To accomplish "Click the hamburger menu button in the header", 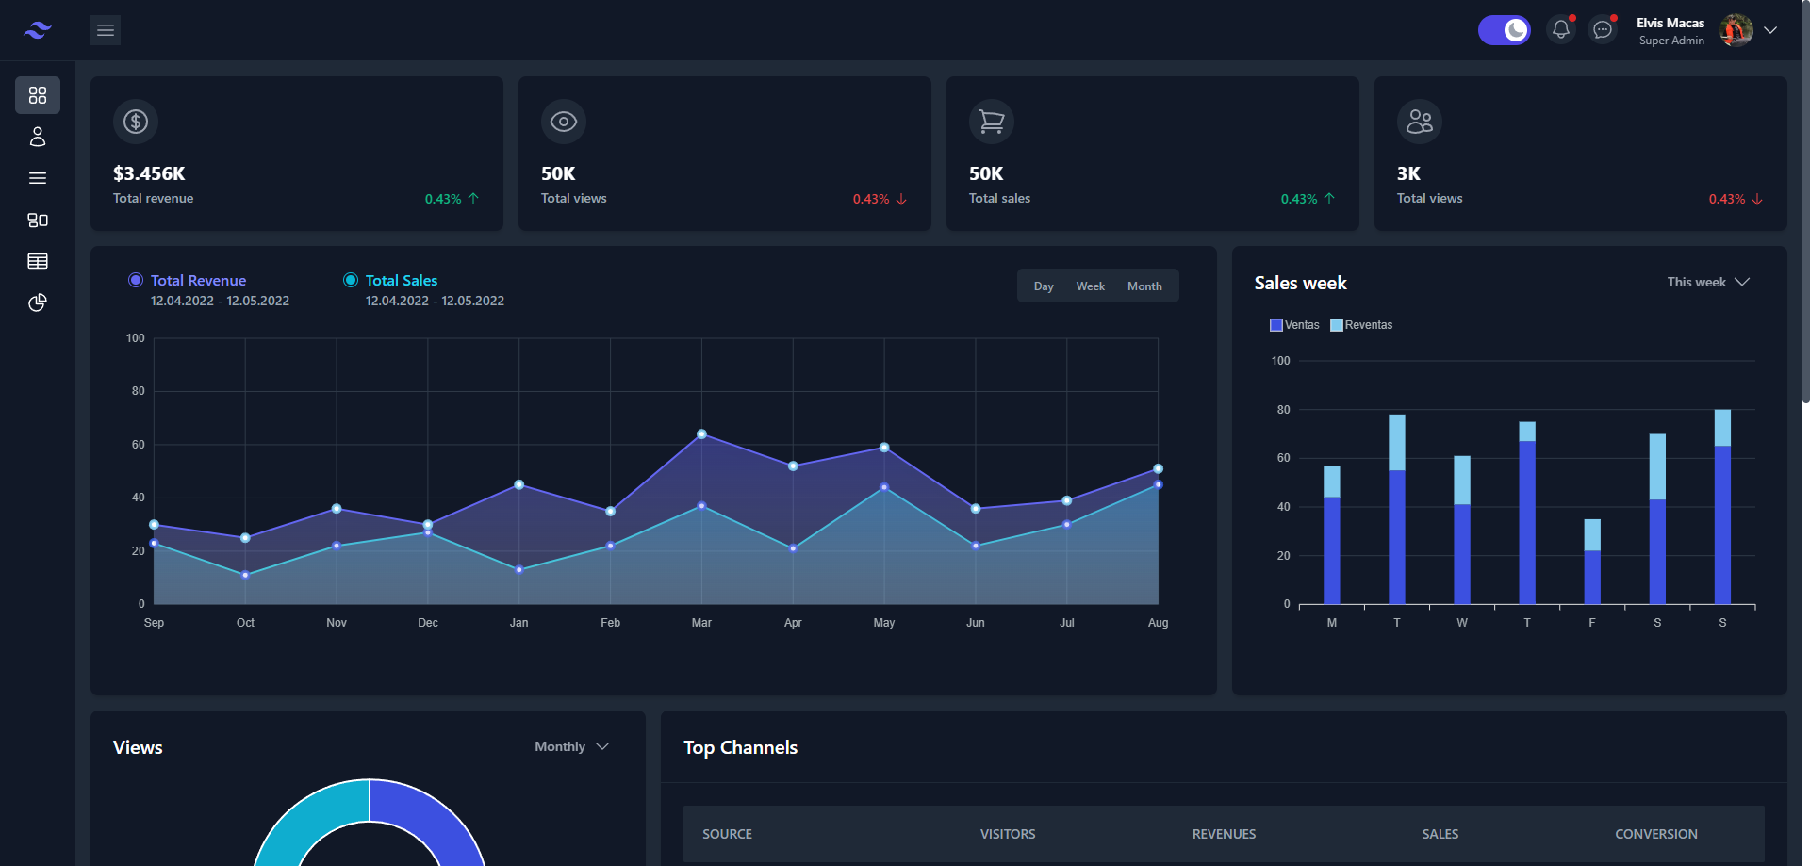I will click(x=106, y=30).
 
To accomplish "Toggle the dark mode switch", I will click(x=1504, y=30).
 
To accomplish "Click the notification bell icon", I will click(x=1561, y=30).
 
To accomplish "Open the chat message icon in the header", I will click(x=1603, y=30).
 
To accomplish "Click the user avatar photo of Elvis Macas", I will click(x=1736, y=30).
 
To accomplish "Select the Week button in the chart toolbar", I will click(x=1090, y=286).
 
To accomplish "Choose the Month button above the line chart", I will click(x=1144, y=286).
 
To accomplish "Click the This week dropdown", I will click(x=1707, y=282).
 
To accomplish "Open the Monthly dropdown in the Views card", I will click(x=571, y=746).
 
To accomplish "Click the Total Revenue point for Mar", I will click(x=701, y=434).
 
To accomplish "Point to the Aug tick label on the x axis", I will click(x=1158, y=623).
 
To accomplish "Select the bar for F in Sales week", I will click(x=1592, y=562).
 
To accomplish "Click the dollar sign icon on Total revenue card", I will click(x=136, y=122).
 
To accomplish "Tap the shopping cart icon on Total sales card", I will click(x=992, y=122).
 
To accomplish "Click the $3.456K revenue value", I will click(x=149, y=173).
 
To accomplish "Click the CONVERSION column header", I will click(x=1655, y=834).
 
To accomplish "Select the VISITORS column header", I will click(x=1007, y=834).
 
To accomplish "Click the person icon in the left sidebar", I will click(x=38, y=137).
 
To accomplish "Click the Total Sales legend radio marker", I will click(x=351, y=280).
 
